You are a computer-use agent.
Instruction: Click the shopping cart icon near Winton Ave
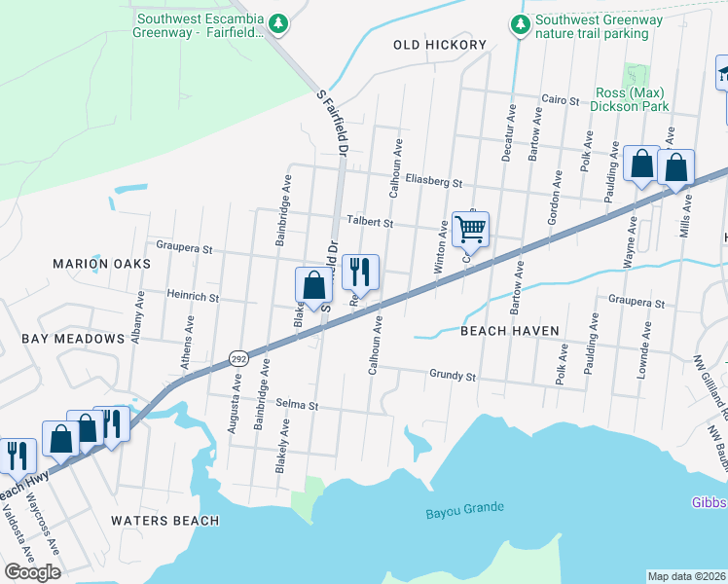click(470, 230)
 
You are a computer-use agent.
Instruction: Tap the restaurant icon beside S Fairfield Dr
click(360, 272)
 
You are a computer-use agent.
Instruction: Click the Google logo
click(32, 572)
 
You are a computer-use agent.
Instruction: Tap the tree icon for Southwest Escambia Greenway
click(278, 21)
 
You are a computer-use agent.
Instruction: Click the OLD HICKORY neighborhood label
click(439, 45)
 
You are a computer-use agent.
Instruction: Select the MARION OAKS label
click(102, 264)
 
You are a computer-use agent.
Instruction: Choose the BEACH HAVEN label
click(510, 331)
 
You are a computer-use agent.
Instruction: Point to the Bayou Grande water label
click(464, 509)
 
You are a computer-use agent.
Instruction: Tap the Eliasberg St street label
click(433, 181)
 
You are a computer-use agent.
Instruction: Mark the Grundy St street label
click(453, 375)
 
